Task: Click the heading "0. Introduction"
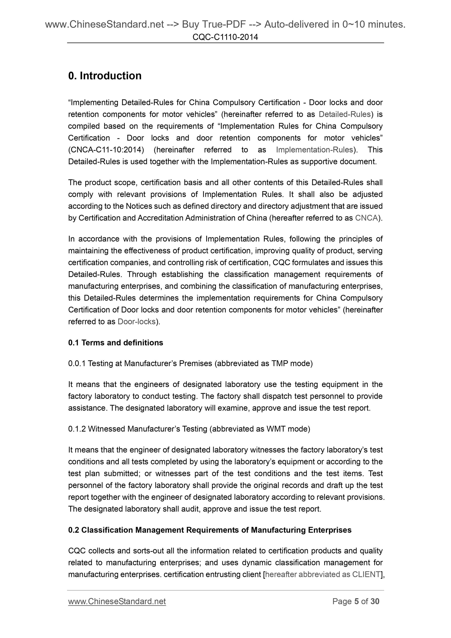click(105, 76)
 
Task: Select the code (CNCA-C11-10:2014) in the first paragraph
click(106, 150)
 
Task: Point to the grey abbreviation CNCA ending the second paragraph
click(366, 218)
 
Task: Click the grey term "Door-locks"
click(137, 321)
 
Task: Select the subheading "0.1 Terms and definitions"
click(116, 343)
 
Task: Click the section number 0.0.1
click(77, 363)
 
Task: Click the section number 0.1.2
click(77, 429)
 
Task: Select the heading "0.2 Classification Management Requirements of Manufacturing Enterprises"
click(210, 530)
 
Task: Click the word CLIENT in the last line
click(366, 574)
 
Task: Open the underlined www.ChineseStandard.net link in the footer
click(117, 601)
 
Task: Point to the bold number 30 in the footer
click(375, 601)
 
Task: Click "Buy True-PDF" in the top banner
click(214, 25)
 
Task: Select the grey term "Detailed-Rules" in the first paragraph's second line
click(345, 114)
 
